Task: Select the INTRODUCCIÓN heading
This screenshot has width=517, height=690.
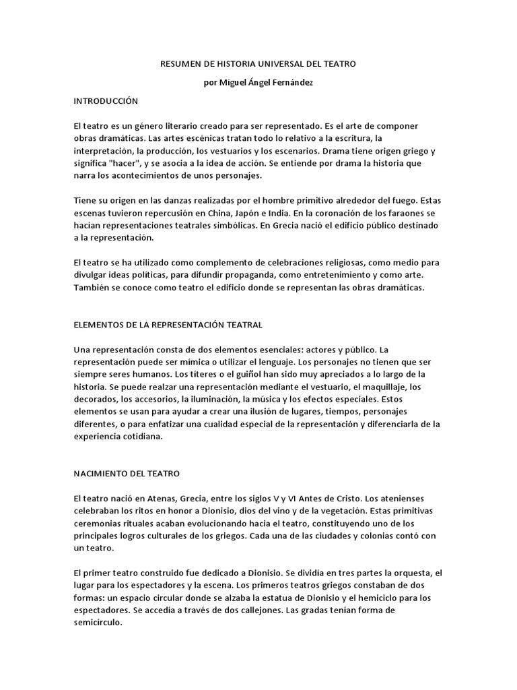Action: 105,100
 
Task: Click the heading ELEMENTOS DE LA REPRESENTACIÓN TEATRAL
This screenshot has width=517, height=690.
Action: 168,325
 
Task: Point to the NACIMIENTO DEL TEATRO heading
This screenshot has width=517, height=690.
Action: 127,474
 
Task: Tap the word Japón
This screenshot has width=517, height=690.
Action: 271,213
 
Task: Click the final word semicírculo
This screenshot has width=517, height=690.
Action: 98,623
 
